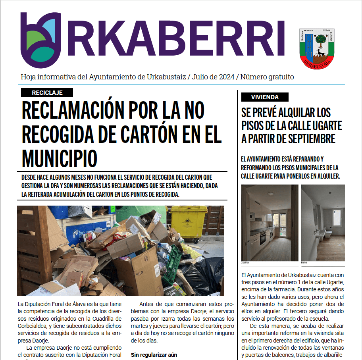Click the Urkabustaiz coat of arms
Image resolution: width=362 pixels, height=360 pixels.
tap(317, 47)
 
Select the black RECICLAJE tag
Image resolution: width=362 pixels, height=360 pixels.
tap(47, 93)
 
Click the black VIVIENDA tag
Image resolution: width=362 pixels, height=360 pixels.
tap(265, 97)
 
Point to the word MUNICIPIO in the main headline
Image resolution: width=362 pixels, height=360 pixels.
tap(60, 158)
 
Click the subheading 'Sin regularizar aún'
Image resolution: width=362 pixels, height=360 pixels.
tap(154, 354)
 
